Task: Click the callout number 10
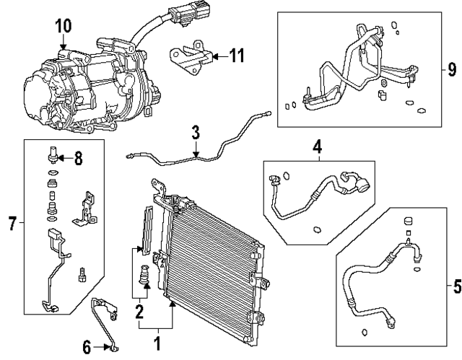(64, 26)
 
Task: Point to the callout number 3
(196, 132)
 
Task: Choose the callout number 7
(12, 225)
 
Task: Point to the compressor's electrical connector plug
(179, 16)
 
